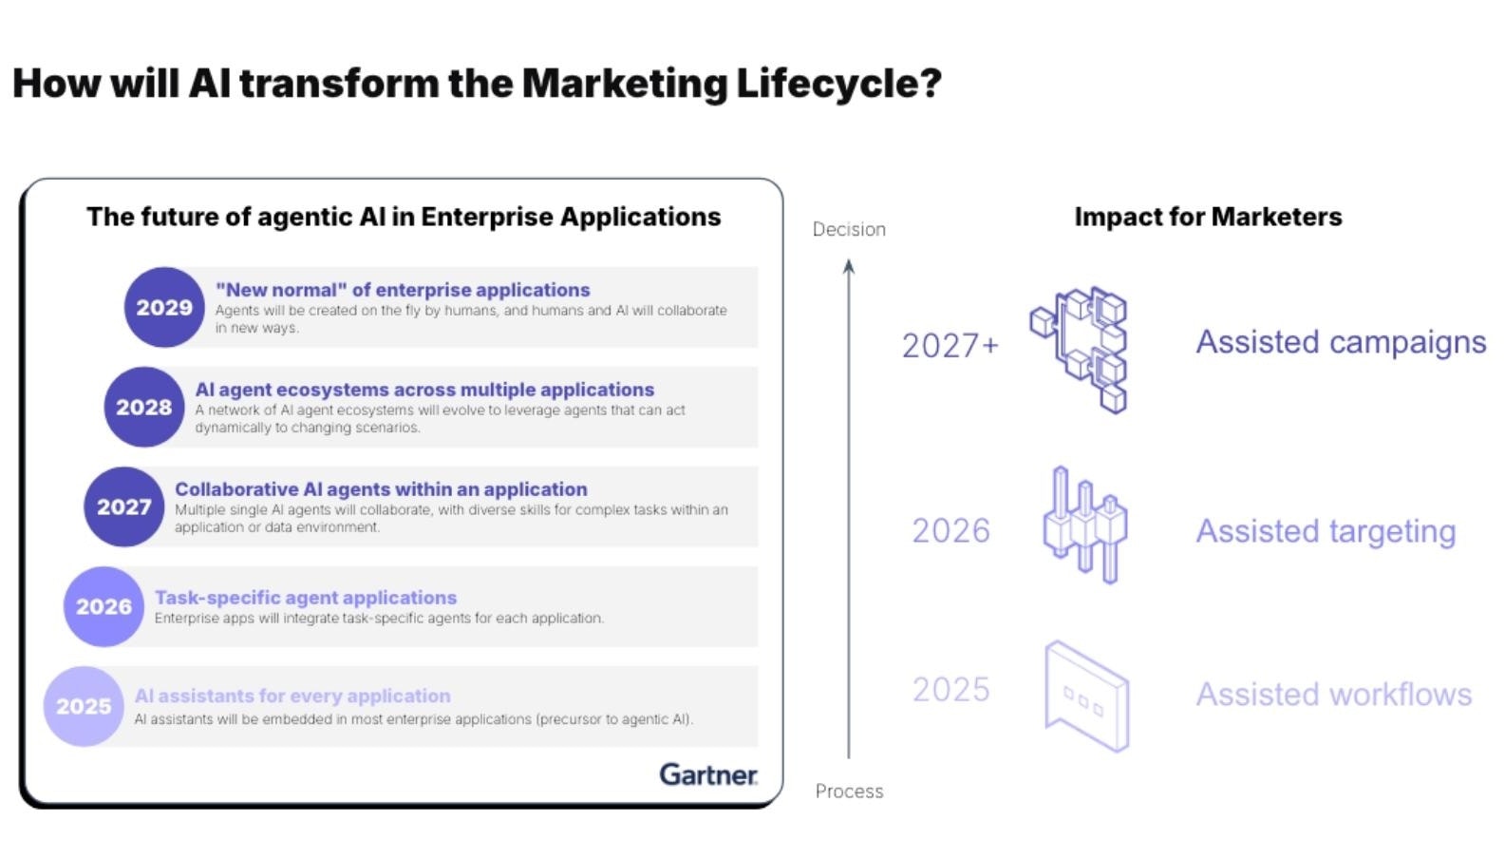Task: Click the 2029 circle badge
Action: pos(164,307)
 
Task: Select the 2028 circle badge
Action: pos(144,407)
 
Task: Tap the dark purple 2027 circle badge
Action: pos(124,506)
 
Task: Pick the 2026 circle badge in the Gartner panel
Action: pos(103,606)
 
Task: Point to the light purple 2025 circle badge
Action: pos(84,706)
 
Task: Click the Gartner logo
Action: pos(708,774)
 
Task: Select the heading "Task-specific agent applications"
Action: pos(306,598)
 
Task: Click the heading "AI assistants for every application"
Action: pos(292,696)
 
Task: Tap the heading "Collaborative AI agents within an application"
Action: pos(381,489)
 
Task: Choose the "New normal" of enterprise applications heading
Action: pos(403,290)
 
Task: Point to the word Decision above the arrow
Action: pos(849,229)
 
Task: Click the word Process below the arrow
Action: pos(849,791)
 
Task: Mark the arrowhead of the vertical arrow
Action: pos(849,267)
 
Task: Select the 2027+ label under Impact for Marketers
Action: pos(950,345)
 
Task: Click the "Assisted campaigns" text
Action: pos(1341,342)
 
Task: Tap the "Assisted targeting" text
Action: pos(1326,531)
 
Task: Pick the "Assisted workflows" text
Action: pos(1334,695)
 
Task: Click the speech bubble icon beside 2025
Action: pos(1086,697)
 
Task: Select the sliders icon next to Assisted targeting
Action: pos(1085,525)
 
